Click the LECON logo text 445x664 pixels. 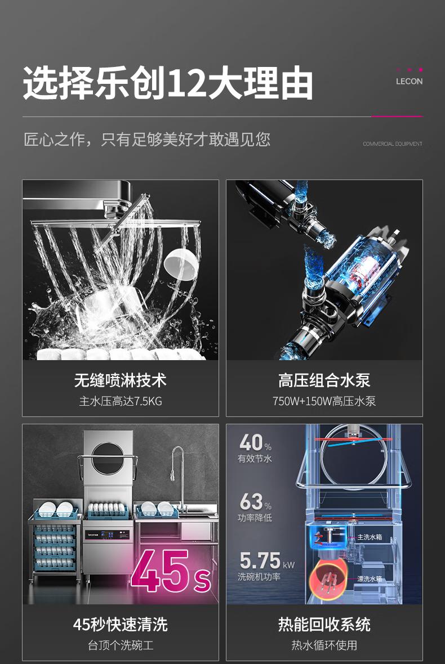click(409, 81)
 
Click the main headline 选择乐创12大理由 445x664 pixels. click(168, 83)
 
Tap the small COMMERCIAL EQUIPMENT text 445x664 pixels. click(393, 144)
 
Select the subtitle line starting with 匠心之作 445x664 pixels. click(146, 140)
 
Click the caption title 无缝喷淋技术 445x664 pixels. click(121, 380)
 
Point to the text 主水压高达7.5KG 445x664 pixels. click(121, 401)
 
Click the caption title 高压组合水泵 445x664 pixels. click(324, 380)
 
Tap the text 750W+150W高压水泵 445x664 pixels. click(324, 401)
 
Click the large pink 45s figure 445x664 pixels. click(171, 571)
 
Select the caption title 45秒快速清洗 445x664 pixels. click(121, 625)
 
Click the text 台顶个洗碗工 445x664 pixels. click(121, 645)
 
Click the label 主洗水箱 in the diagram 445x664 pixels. click(370, 537)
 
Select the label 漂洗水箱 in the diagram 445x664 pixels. click(370, 578)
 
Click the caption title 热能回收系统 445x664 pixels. click(324, 625)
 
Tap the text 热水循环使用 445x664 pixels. click(324, 645)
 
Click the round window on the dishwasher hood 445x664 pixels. click(108, 459)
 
